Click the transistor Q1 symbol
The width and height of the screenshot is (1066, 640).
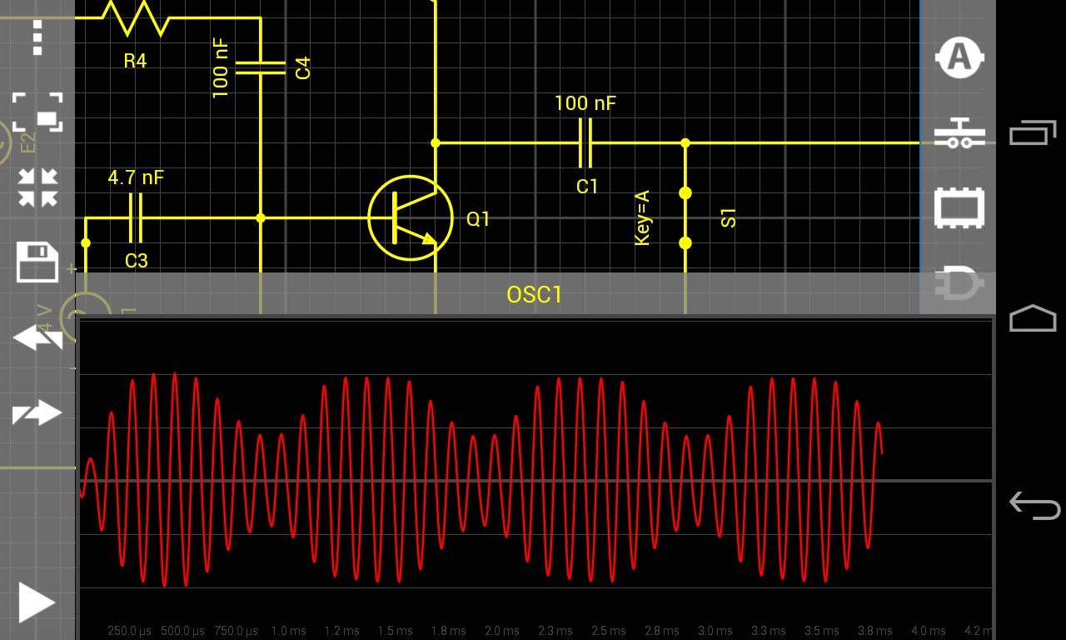pos(411,217)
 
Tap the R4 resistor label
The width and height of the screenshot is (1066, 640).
pos(135,61)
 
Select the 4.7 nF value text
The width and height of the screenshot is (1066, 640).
pos(136,177)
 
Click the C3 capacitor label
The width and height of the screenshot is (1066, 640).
pos(136,261)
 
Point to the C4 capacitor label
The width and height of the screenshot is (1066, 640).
pos(303,67)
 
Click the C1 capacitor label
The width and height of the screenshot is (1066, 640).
pos(587,187)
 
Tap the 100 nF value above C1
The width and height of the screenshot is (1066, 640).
pos(585,103)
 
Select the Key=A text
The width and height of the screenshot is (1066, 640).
pos(641,218)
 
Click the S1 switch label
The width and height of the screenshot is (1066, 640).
pos(729,218)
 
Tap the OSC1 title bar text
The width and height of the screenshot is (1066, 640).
pos(535,295)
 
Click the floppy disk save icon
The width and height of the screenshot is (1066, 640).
pos(37,262)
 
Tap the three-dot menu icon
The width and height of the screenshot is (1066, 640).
pos(37,37)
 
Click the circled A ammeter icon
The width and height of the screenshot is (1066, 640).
pos(959,57)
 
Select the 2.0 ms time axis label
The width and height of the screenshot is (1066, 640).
pos(503,631)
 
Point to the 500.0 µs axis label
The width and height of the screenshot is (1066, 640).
pos(182,631)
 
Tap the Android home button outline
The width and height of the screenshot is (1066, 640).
pos(1033,318)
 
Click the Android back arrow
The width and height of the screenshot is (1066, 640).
pos(1034,505)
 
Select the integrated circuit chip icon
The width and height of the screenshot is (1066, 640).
pos(959,208)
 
